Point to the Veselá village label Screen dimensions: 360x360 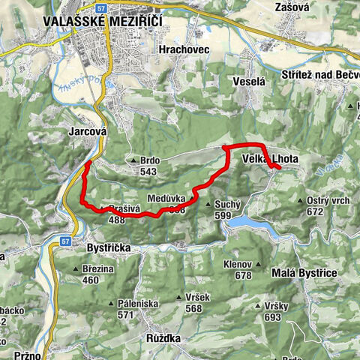(249, 80)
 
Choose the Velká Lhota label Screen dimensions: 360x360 (270, 158)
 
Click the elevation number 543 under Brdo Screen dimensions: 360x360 (147, 172)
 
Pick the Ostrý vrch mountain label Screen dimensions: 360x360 (329, 201)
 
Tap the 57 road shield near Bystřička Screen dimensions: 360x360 (66, 241)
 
